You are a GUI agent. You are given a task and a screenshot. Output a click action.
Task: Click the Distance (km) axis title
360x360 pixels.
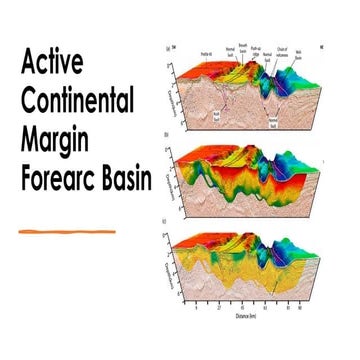(267, 319)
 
